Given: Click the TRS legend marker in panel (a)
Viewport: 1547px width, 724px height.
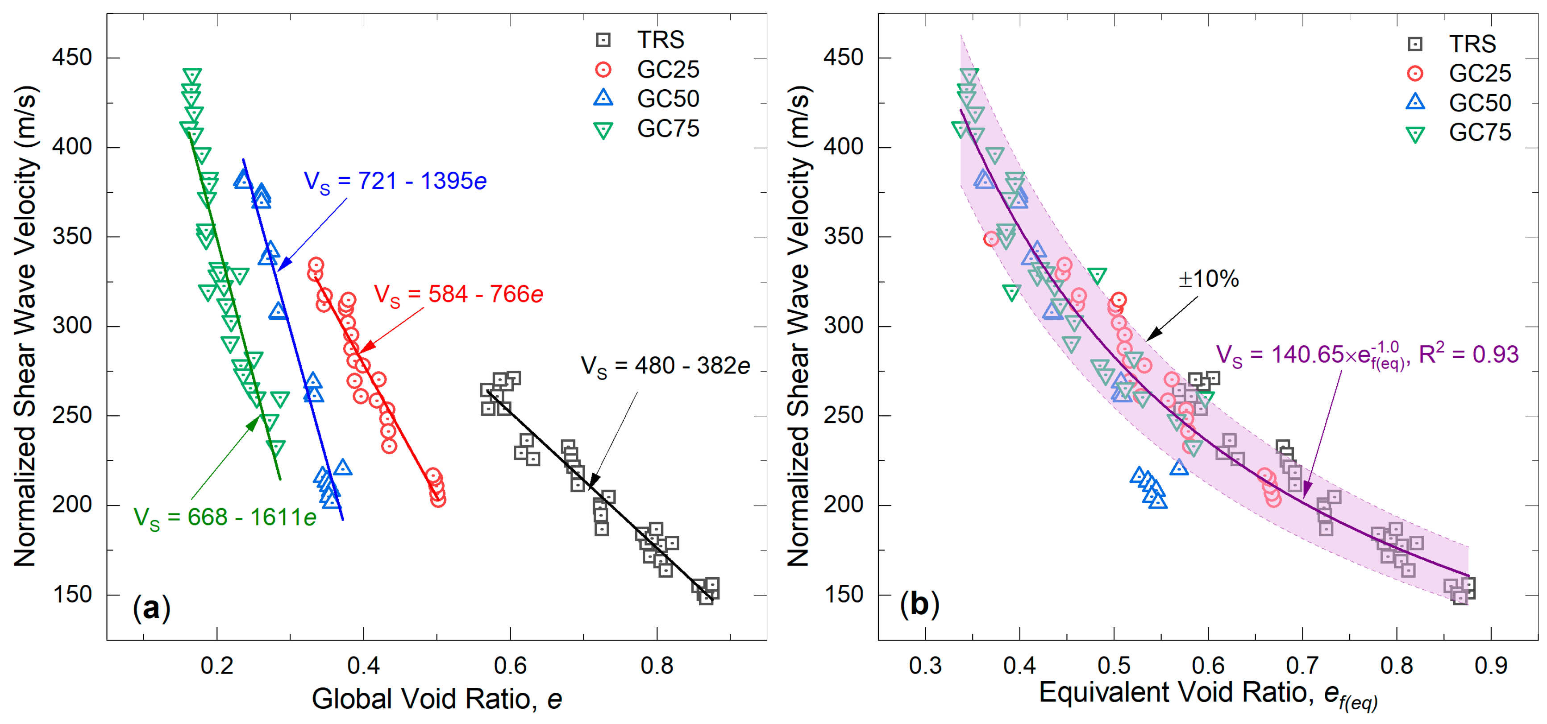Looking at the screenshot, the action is click(603, 40).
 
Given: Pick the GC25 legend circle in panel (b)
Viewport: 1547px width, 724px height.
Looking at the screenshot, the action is click(1415, 73).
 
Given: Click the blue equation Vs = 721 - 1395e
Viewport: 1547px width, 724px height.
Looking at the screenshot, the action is click(395, 181).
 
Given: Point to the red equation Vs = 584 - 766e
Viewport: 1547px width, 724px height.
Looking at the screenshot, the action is click(458, 295).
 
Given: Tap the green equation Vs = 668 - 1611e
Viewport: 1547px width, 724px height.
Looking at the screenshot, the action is click(225, 517).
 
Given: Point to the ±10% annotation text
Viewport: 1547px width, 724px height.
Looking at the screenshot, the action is click(1208, 279).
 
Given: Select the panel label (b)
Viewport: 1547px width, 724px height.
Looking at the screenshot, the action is click(919, 604).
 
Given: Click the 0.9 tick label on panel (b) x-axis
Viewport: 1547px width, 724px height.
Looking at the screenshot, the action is click(1491, 665).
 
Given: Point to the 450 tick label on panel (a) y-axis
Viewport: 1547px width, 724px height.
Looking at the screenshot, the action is click(72, 58).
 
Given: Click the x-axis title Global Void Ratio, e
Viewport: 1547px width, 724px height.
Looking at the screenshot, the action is click(437, 699).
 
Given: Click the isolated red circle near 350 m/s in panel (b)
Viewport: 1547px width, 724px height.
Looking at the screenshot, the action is click(991, 239).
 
